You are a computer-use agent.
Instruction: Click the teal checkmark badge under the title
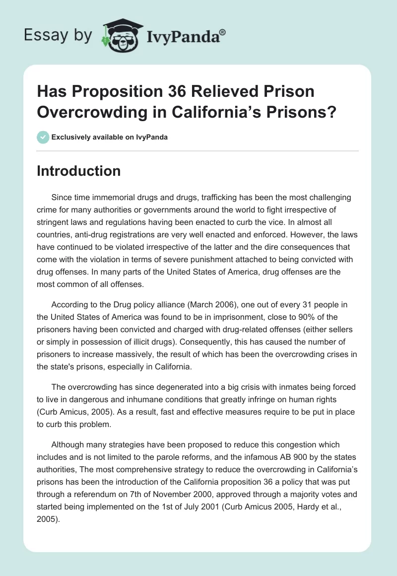[x=43, y=137]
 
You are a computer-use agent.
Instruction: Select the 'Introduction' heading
[x=78, y=171]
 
